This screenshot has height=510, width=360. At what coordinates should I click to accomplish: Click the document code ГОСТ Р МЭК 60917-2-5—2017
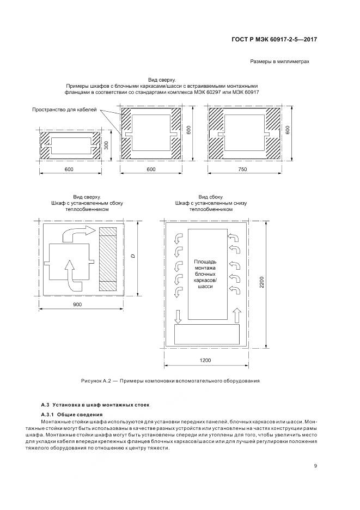274,39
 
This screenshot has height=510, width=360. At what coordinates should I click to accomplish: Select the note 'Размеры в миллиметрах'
279,62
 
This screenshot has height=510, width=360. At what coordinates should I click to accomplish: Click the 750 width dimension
243,170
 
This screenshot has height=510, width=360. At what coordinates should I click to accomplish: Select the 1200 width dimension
205,361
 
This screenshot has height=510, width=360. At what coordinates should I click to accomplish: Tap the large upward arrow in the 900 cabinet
69,272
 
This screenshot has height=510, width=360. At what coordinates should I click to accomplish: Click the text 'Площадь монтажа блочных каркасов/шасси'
205,274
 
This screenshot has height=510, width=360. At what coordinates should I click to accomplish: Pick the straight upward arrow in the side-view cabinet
235,315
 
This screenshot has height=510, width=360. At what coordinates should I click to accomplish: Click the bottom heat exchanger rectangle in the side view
206,334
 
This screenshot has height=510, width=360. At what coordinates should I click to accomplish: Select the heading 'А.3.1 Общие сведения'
71,415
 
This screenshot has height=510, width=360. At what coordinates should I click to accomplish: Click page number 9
316,465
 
